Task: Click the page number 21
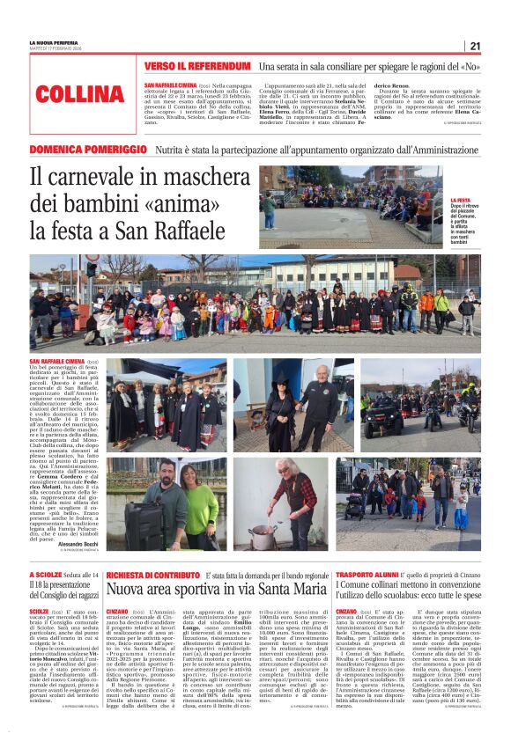click(475, 46)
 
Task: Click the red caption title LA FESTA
click(460, 200)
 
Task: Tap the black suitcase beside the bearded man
click(144, 515)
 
